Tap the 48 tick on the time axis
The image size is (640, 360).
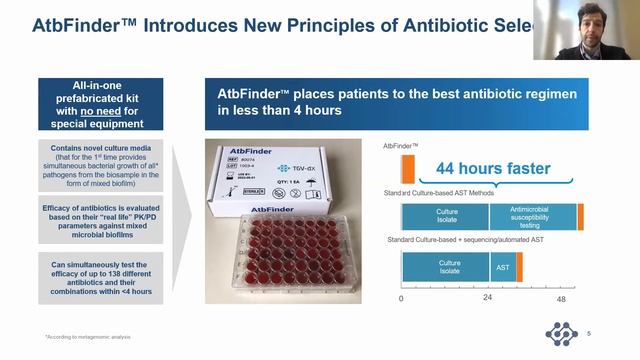(561, 298)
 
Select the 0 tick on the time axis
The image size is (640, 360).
(402, 298)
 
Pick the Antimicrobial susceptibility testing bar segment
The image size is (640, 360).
(533, 217)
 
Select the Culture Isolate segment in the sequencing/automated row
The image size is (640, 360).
(446, 267)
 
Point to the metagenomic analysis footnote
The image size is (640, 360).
(86, 336)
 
